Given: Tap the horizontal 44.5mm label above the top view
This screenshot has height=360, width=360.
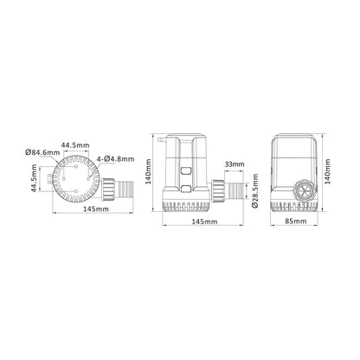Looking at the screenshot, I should [x=78, y=144].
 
